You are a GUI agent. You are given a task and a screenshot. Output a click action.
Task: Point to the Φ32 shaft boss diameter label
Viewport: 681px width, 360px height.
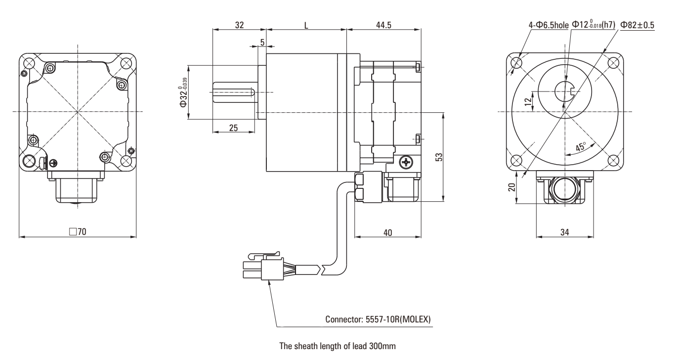coord(184,92)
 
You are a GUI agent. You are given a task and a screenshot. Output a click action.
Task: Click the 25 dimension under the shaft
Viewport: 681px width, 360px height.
coord(234,127)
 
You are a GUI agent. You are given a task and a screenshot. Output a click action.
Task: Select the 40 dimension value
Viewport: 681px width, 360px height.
coord(387,232)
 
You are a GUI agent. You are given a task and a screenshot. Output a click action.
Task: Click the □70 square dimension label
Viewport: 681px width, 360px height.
coord(78,232)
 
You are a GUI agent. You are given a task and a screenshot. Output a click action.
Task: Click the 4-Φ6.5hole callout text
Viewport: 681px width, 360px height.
coord(548,25)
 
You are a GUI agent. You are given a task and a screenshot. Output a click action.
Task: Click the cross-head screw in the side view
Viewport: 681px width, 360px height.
coord(407,161)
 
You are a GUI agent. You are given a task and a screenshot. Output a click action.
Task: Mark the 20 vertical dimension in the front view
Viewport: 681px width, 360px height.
coord(512,187)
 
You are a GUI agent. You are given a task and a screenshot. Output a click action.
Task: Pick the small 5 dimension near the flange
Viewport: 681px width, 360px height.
coord(262,44)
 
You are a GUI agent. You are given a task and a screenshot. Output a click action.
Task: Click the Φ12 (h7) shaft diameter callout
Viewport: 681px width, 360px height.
coord(593,25)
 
